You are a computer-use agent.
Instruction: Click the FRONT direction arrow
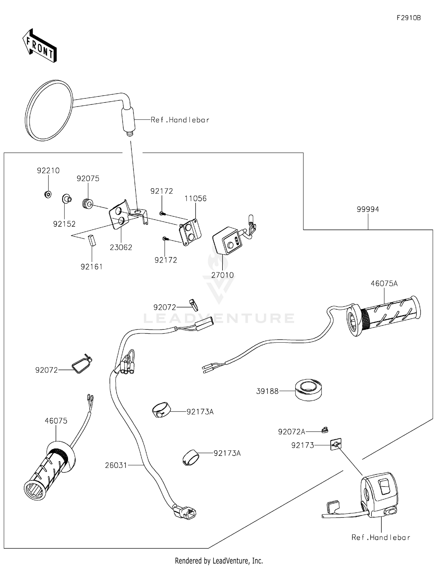(39, 46)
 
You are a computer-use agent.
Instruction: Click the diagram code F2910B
(409, 18)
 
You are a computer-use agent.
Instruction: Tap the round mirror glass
(49, 110)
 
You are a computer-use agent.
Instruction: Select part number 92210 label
(48, 171)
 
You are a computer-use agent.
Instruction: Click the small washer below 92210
(48, 194)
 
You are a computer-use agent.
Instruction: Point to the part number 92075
(88, 178)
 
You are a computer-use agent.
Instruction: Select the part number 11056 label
(195, 199)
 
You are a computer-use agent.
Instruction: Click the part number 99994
(368, 209)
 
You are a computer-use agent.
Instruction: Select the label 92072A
(291, 432)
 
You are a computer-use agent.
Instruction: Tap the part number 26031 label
(116, 465)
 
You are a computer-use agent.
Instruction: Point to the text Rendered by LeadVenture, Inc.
(219, 560)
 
